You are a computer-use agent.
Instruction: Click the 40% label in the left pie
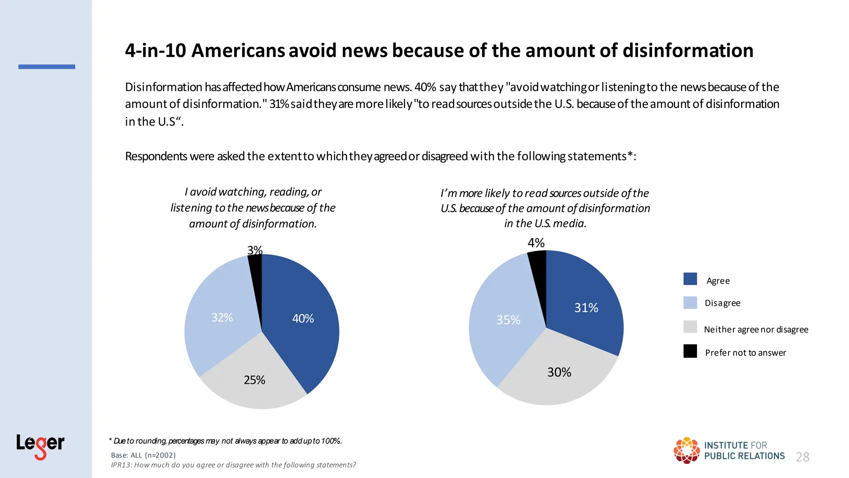[x=303, y=319]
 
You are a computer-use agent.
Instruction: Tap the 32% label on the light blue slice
[x=222, y=317]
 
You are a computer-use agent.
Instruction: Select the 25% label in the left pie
[x=255, y=380]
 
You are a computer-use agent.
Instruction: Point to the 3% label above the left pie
[x=255, y=250]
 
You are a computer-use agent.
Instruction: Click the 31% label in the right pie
[x=586, y=308]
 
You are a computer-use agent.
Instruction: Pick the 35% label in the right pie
[x=508, y=320]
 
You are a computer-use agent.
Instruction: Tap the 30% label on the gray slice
[x=559, y=372]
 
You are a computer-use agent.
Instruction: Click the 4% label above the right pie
[x=536, y=243]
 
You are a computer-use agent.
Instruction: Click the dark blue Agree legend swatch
[x=690, y=279]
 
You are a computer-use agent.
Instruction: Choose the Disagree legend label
[x=723, y=303]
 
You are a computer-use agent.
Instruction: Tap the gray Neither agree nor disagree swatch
[x=690, y=327]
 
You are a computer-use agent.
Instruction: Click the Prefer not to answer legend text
[x=745, y=353]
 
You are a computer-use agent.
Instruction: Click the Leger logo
[x=40, y=446]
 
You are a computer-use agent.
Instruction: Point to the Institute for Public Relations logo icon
[x=686, y=450]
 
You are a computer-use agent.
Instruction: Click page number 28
[x=803, y=457]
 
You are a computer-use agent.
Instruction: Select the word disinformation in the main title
[x=688, y=51]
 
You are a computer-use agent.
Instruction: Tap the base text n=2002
[x=160, y=455]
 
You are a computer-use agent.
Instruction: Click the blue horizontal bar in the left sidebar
[x=47, y=67]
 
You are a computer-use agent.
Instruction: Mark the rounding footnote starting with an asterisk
[x=226, y=441]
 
